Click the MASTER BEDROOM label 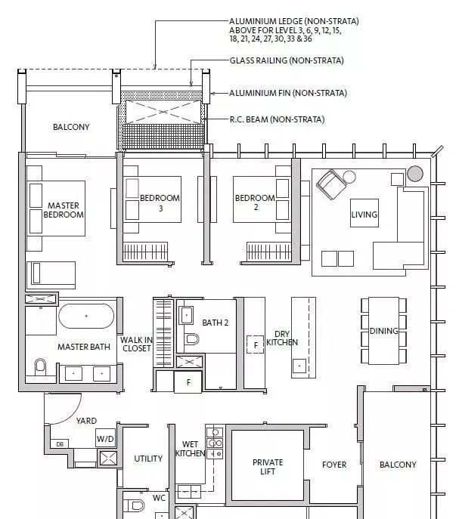[64, 210]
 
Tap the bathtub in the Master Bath [86, 316]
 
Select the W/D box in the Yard [105, 439]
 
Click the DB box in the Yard [60, 444]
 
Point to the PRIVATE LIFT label [268, 467]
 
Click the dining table [383, 331]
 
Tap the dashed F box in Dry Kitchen [255, 344]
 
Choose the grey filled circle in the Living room [415, 174]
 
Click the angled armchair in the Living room [330, 184]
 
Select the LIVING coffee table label [364, 215]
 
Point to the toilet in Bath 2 [192, 339]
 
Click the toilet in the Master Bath [40, 366]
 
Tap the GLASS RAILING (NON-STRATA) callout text [287, 60]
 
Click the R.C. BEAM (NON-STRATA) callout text [277, 119]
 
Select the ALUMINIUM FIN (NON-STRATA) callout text [288, 93]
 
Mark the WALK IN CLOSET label [136, 344]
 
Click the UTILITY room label [148, 459]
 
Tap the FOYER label [334, 465]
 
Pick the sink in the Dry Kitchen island [299, 366]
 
